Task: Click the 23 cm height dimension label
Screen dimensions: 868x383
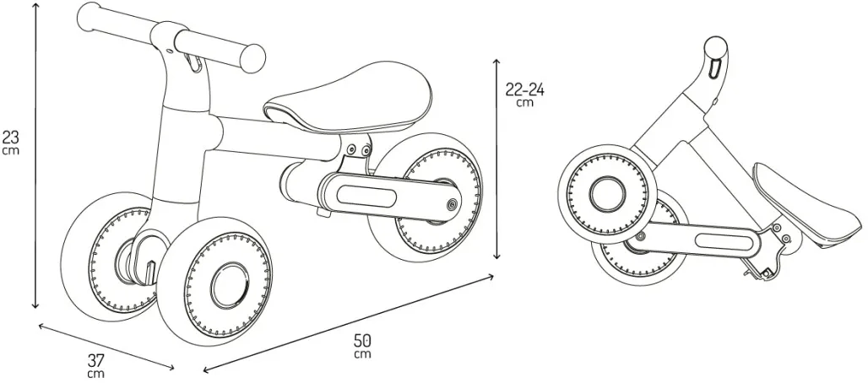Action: click(x=10, y=142)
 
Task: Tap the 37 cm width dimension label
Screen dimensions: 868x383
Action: click(x=95, y=366)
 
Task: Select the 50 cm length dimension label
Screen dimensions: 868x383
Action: click(x=363, y=345)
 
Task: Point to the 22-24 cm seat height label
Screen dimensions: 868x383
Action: click(x=525, y=94)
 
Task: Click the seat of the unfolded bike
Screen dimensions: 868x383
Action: click(x=349, y=99)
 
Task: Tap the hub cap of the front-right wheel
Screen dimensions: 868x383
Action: click(x=229, y=286)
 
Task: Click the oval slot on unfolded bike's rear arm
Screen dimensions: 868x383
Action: click(x=366, y=197)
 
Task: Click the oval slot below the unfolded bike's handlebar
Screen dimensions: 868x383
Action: click(x=192, y=62)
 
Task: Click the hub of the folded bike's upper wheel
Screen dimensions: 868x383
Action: click(x=607, y=194)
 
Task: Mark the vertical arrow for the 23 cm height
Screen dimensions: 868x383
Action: click(x=36, y=154)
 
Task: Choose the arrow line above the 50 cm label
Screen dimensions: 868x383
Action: click(x=348, y=323)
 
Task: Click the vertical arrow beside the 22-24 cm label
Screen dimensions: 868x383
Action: click(x=496, y=159)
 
